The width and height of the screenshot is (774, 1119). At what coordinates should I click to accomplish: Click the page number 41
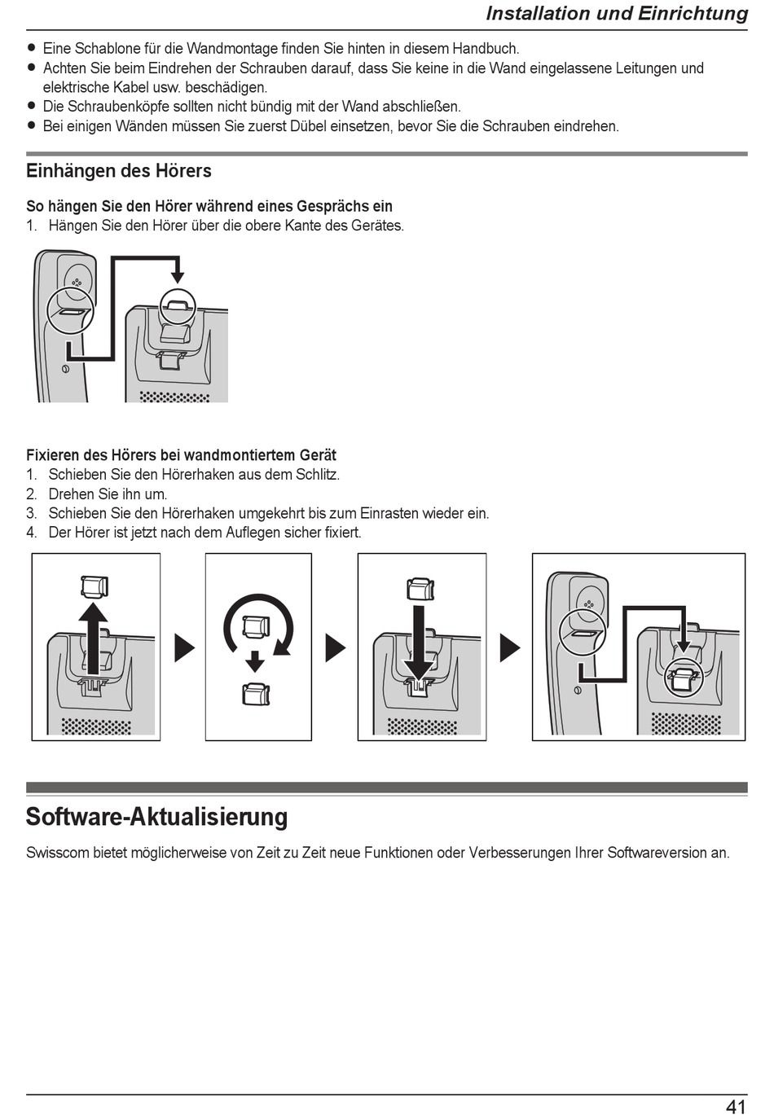[x=735, y=1106]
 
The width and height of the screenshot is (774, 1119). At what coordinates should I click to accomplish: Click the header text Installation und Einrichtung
[x=616, y=14]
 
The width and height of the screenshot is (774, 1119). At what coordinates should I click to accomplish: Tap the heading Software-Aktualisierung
[x=156, y=816]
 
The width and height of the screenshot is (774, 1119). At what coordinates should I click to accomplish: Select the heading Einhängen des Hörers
[x=119, y=171]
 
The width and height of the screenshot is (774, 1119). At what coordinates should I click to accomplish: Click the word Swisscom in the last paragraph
[x=57, y=853]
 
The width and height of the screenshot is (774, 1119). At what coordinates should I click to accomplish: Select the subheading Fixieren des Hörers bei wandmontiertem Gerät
[x=181, y=455]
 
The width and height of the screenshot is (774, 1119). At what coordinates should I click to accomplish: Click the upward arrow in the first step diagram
[x=93, y=635]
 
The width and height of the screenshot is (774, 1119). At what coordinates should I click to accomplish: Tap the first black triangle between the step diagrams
[x=185, y=648]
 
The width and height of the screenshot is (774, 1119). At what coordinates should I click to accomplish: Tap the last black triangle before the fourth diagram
[x=509, y=648]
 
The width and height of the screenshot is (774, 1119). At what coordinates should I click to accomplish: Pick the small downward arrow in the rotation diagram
[x=256, y=660]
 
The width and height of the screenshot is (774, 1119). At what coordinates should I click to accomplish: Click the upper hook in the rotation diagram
[x=257, y=625]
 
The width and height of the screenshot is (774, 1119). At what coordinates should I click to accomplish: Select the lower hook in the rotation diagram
[x=256, y=695]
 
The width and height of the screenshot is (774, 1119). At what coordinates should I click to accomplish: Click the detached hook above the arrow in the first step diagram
[x=94, y=586]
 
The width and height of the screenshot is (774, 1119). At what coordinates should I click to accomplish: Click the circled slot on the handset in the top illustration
[x=70, y=310]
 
